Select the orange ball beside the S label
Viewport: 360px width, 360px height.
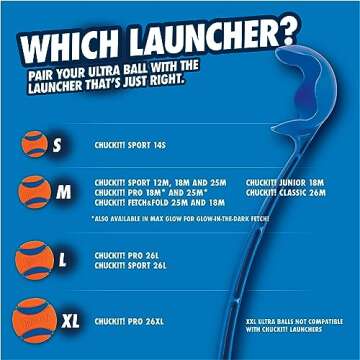coord(35,144)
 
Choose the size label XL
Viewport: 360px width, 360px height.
coord(70,323)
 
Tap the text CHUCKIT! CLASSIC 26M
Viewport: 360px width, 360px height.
coord(285,192)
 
